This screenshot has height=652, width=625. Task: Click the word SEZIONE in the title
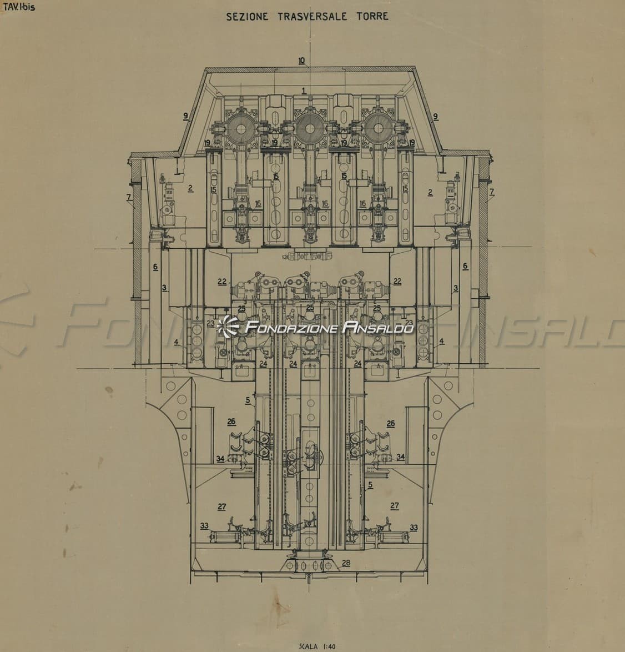(x=247, y=17)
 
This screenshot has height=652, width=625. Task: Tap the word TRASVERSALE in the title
(x=312, y=17)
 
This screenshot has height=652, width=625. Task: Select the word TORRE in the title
(x=372, y=16)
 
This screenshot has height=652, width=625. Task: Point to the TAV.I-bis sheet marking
(x=19, y=7)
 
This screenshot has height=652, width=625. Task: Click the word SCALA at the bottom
(x=309, y=646)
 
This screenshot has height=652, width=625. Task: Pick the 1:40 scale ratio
(x=328, y=646)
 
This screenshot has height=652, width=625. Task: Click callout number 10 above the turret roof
(x=302, y=61)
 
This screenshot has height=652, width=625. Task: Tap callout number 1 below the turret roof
(x=304, y=90)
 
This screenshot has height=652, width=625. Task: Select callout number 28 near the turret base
(x=346, y=563)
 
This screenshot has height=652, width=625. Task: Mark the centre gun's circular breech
(x=310, y=128)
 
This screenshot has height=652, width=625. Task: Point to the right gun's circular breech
(x=378, y=128)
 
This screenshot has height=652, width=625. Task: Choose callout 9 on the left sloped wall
(x=186, y=117)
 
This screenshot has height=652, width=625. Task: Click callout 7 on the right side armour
(x=492, y=192)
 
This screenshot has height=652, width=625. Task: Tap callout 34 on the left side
(x=220, y=459)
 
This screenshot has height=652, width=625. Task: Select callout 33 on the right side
(x=414, y=528)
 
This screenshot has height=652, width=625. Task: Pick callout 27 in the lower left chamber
(x=222, y=506)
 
